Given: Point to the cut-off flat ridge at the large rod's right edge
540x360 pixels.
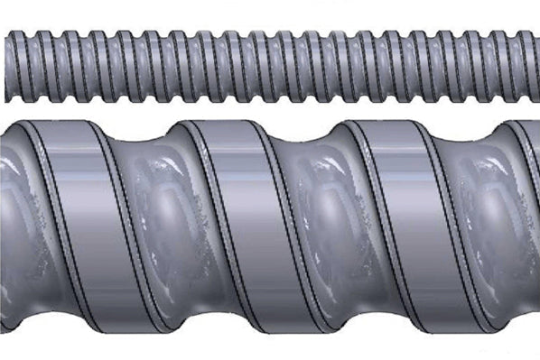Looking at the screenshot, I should [x=528, y=226].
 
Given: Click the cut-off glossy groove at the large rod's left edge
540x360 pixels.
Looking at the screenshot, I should [x=9, y=226].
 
